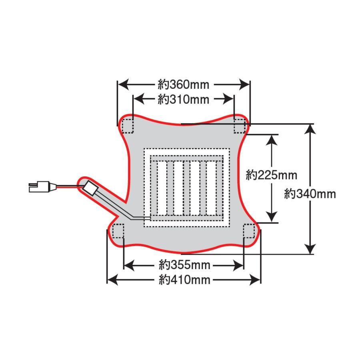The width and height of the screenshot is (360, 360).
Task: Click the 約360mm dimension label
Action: [184, 85]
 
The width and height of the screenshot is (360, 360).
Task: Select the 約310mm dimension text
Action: [184, 99]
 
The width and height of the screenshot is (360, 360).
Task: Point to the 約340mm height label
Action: [310, 194]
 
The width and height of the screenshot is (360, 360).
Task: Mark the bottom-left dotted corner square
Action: [118, 231]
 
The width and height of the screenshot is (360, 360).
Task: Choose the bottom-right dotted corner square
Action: [249, 231]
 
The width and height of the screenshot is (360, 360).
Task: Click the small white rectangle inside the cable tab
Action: [91, 187]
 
